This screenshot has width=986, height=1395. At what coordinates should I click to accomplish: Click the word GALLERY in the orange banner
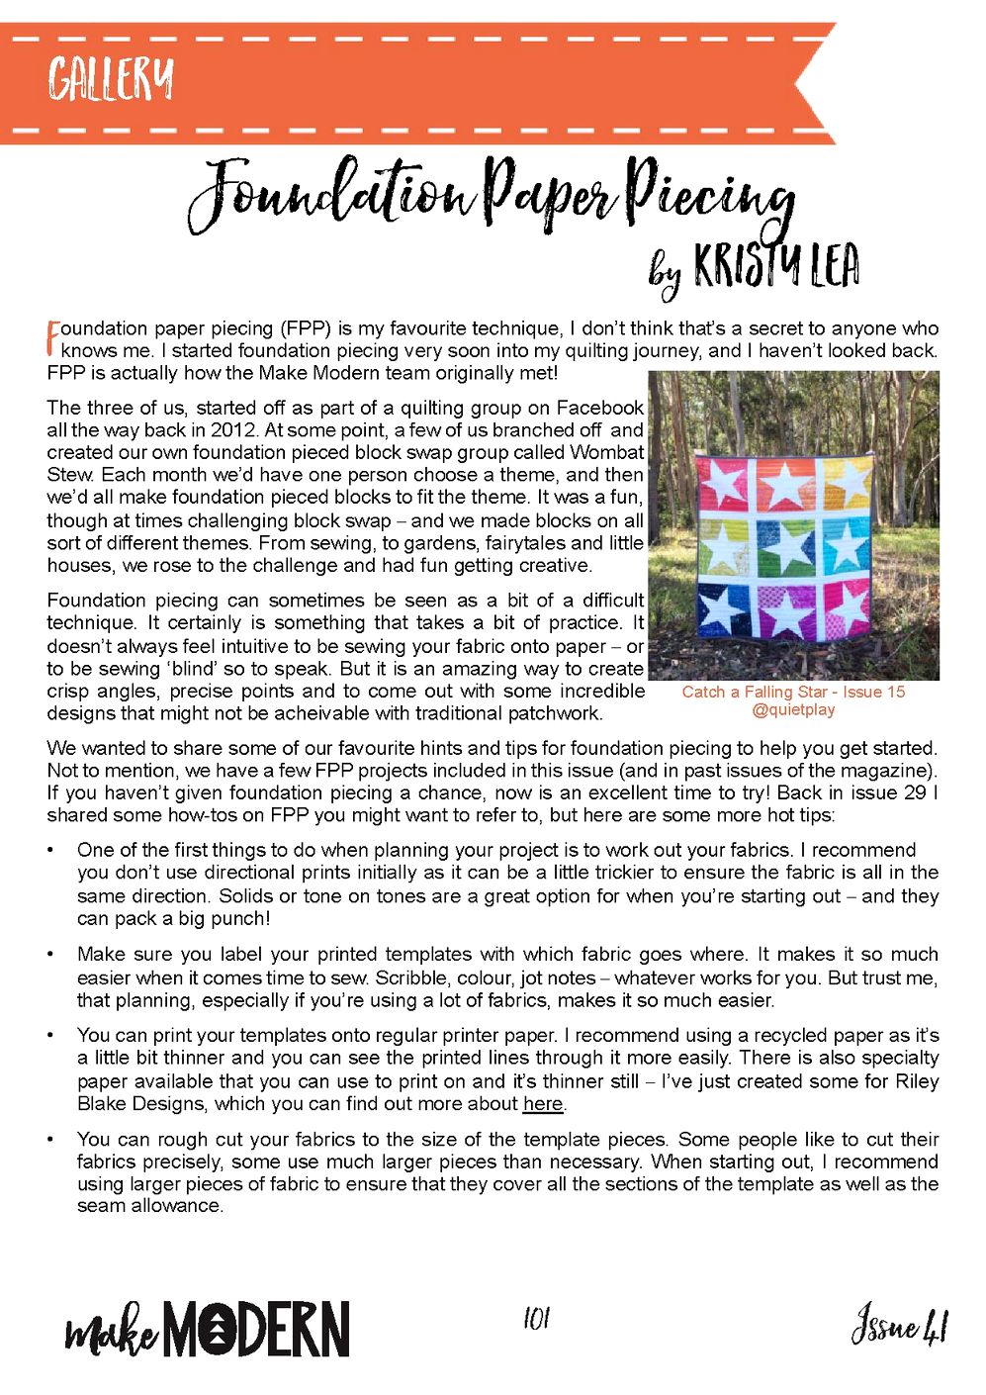click(111, 78)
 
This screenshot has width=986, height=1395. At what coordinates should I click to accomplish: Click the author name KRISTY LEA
click(776, 265)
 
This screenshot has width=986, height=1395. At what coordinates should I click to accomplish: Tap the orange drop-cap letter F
click(53, 337)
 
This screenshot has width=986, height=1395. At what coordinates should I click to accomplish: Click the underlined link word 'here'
click(543, 1104)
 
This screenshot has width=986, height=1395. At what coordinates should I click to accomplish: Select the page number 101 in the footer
click(536, 1318)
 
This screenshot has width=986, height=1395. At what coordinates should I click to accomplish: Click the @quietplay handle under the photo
click(793, 709)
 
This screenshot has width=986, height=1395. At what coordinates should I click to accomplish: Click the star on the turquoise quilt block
click(846, 545)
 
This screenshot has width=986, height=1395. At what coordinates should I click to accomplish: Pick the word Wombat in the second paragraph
click(606, 452)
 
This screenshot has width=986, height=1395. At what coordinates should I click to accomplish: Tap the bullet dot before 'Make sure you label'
click(50, 955)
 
